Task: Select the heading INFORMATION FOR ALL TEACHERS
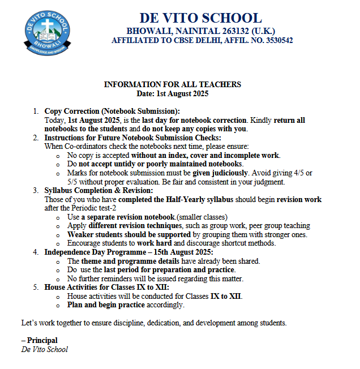coord(173,84)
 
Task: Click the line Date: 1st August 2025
coord(173,93)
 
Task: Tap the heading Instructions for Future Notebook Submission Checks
coord(132,138)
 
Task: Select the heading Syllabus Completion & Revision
coord(105,191)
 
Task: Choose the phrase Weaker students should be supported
coord(128,235)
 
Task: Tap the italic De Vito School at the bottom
coord(44,349)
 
